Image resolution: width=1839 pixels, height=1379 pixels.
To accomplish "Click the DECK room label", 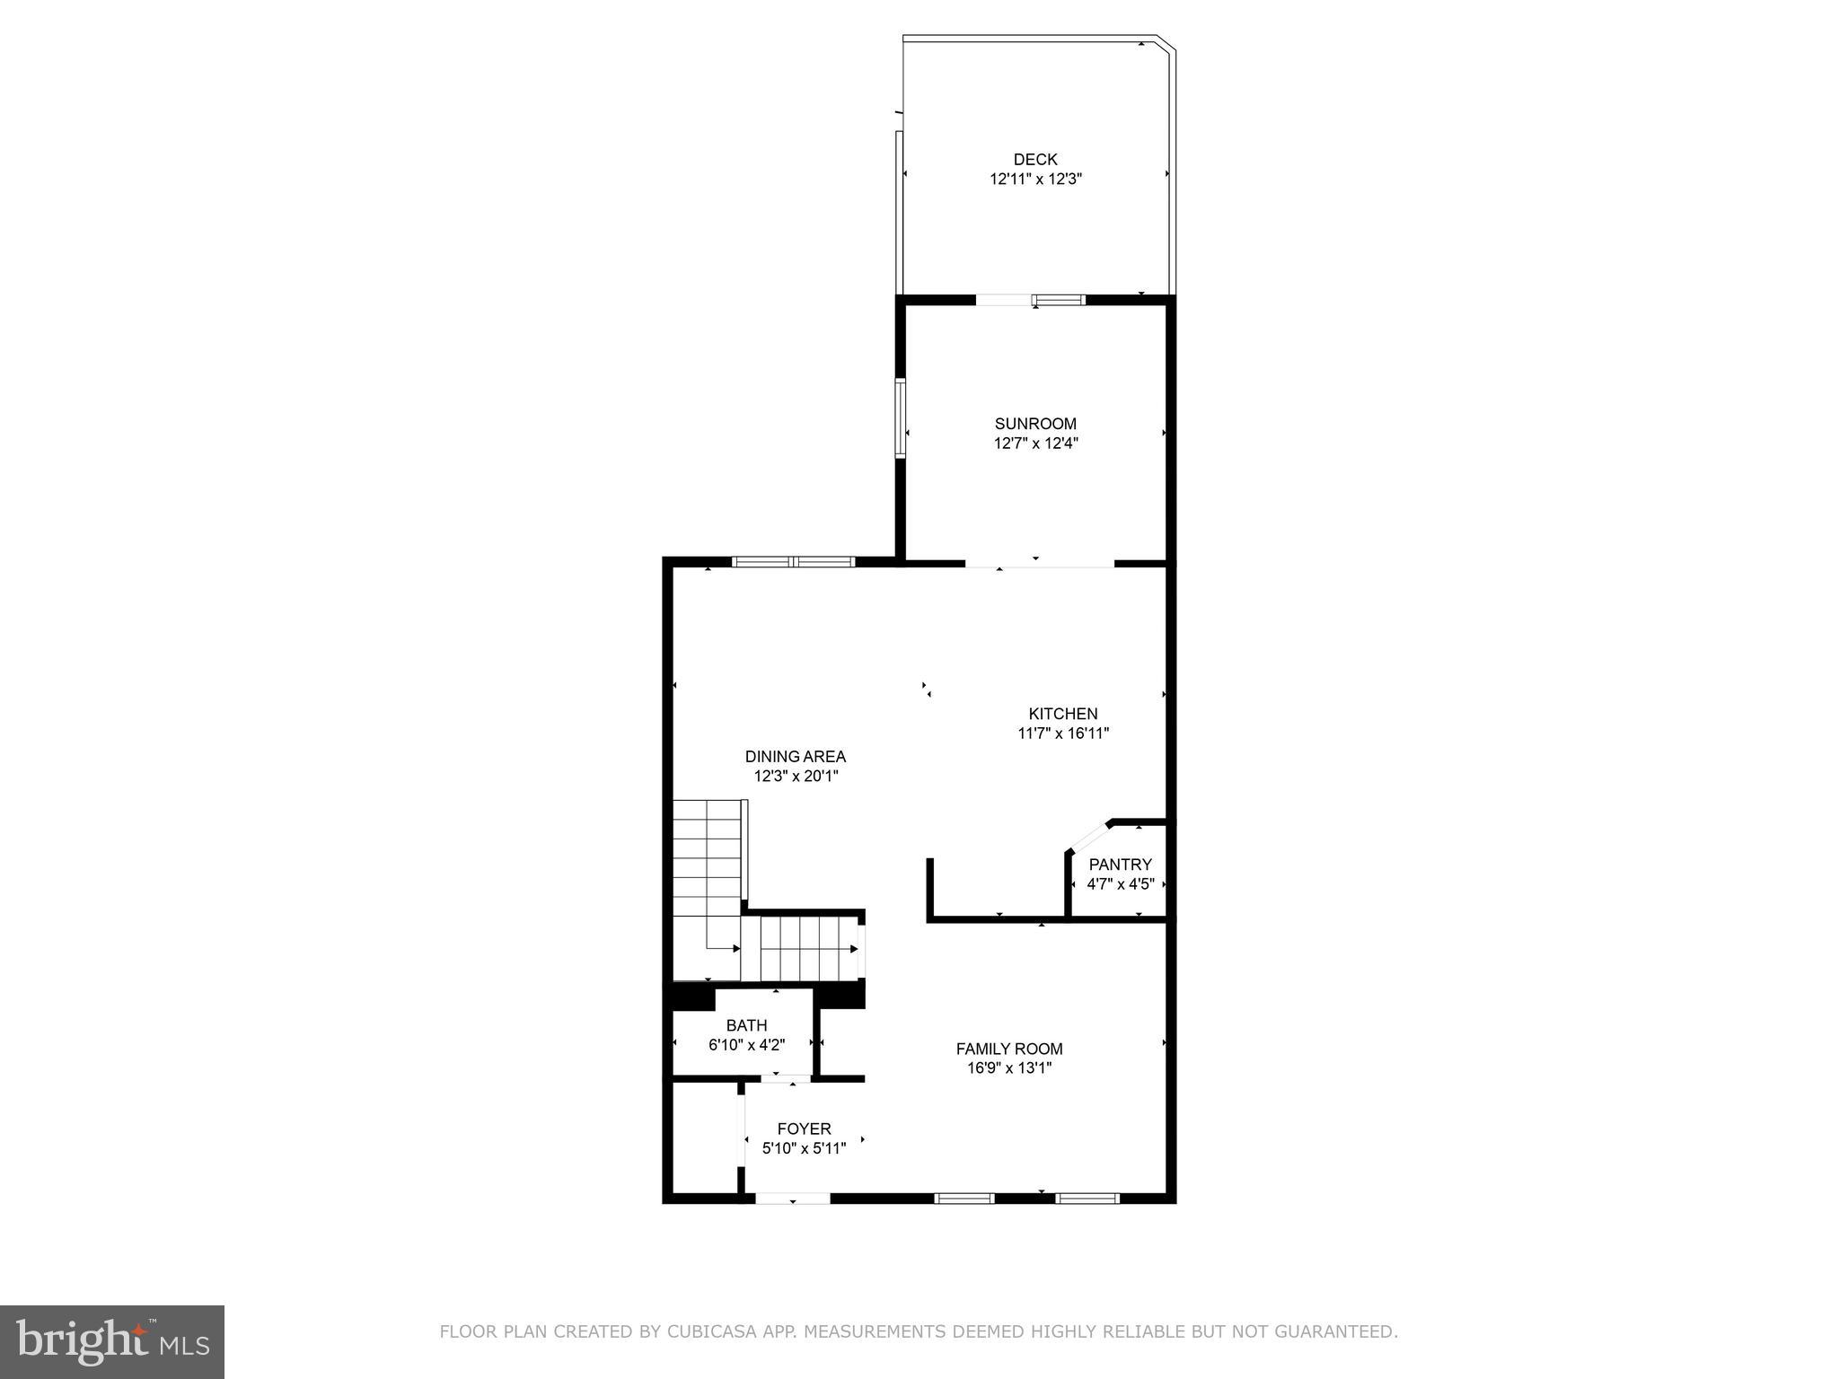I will [x=1035, y=160].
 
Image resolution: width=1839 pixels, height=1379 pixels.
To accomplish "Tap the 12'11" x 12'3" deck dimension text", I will [x=1035, y=180].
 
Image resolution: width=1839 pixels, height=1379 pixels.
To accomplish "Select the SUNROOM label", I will [x=1035, y=424].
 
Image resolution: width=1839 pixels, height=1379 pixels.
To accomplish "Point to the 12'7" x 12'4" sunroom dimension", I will [x=1035, y=444].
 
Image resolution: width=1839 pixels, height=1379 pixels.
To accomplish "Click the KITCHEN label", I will [x=1063, y=714].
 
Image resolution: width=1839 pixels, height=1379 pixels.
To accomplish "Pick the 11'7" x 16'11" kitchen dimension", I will [x=1063, y=733].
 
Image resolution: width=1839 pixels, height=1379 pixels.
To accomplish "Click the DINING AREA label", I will [x=795, y=757].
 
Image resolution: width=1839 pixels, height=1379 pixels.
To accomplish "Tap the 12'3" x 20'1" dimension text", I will [x=795, y=777].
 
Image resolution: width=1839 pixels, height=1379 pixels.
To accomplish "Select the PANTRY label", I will [x=1120, y=865].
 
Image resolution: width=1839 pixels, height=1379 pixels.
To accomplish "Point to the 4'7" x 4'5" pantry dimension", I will [x=1120, y=884].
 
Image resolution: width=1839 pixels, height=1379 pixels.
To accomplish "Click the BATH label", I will [x=746, y=1025].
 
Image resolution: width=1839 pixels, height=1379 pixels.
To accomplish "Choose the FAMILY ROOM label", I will [x=1009, y=1049].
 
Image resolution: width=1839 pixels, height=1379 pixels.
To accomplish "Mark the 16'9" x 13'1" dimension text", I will [x=1009, y=1068].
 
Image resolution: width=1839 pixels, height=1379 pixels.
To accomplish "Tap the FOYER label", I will [x=804, y=1129].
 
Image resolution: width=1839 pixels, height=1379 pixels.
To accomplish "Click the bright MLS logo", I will [x=112, y=1341].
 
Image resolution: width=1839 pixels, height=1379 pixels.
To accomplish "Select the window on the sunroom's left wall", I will [x=900, y=418].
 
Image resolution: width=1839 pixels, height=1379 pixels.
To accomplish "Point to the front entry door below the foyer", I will [x=792, y=1198].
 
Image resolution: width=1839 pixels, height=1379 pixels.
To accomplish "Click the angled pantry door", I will [x=1088, y=836].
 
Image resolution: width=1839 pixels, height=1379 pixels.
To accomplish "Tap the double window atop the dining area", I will [x=792, y=562].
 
